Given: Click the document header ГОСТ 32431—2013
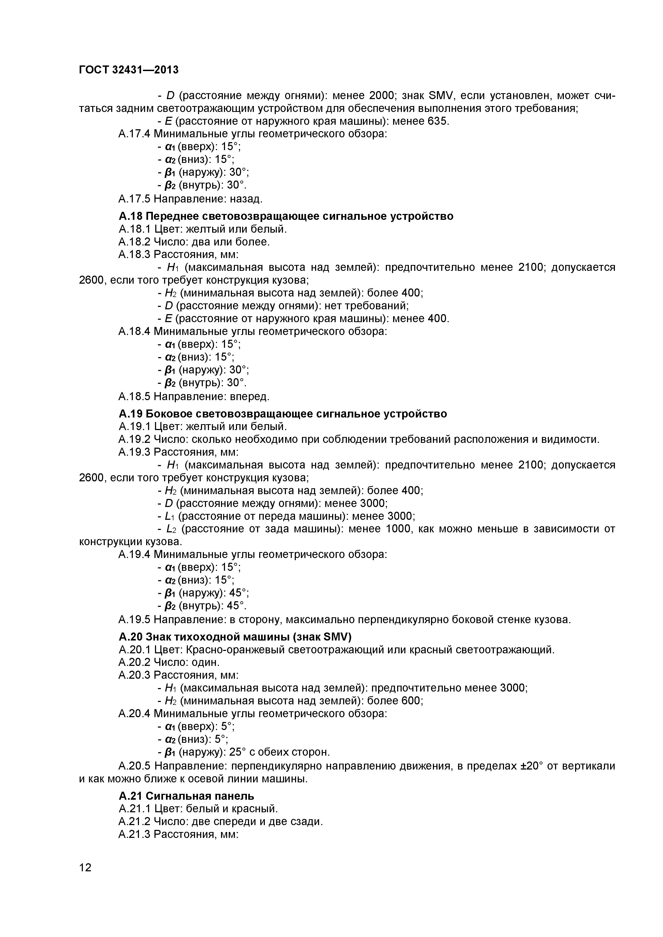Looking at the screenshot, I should (x=129, y=70).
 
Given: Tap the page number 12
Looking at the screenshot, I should (x=85, y=879).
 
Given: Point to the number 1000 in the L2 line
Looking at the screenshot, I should (x=401, y=529).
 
